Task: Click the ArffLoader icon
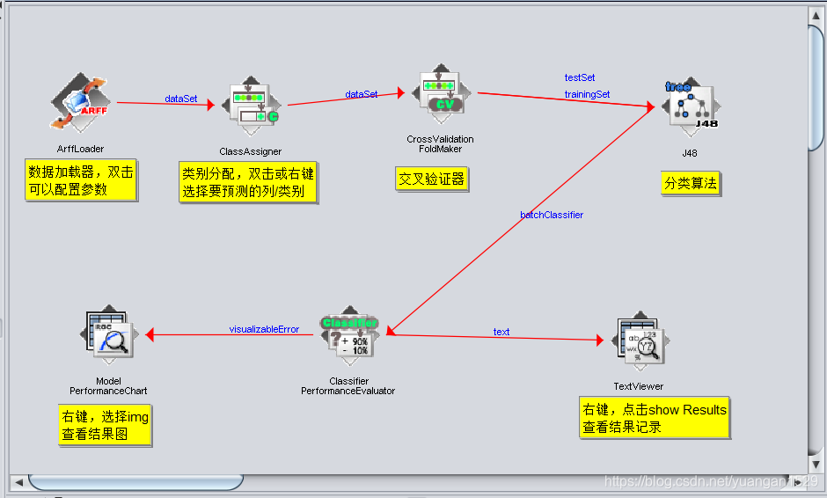80,104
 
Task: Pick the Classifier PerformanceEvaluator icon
348,337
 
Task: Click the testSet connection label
580,78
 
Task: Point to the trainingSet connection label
587,94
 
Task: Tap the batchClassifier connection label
552,215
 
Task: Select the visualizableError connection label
264,330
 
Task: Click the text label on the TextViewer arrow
501,332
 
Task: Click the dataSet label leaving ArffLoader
181,99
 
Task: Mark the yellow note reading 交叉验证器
432,179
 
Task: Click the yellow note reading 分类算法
691,183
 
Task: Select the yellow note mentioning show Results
655,419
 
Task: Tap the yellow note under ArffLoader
81,180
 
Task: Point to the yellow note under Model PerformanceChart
105,426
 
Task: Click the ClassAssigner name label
251,151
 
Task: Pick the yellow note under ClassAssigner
247,182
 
